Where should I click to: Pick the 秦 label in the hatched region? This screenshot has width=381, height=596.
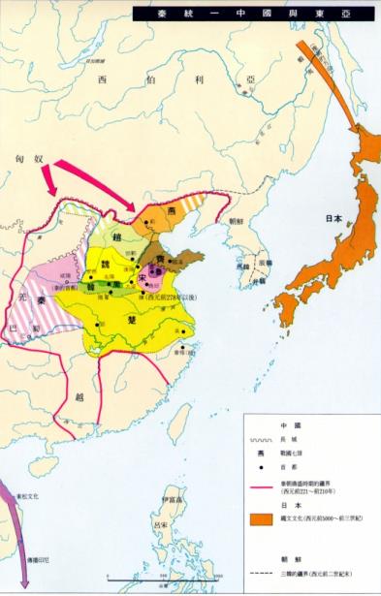(38, 300)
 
